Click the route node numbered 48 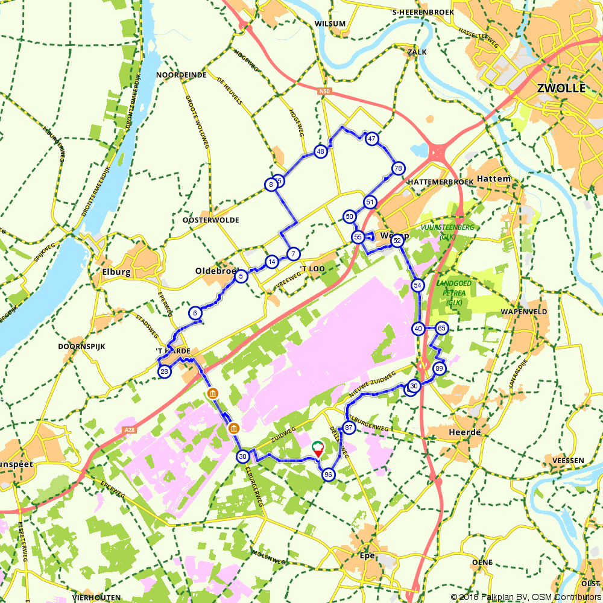320,152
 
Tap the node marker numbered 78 397,168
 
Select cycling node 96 328,475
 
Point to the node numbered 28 165,371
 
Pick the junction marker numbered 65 442,328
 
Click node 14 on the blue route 272,262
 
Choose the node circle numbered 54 418,285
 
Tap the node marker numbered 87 349,428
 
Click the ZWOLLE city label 561,88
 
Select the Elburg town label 113,272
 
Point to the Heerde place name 465,432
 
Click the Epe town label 367,555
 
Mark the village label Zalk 417,52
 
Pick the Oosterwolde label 210,220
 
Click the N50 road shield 325,91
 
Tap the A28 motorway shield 128,429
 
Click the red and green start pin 317,449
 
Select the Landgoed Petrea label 455,287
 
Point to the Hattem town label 493,179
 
